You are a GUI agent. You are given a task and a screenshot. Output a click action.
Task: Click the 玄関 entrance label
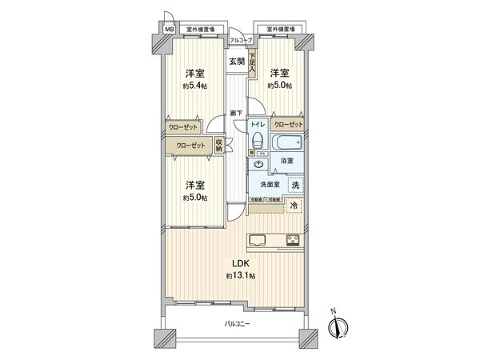click(x=236, y=61)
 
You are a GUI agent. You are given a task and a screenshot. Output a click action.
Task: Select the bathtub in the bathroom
click(x=286, y=144)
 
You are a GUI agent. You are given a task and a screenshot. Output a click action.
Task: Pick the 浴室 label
click(x=286, y=161)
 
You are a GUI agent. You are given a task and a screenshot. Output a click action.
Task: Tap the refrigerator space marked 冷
click(x=293, y=206)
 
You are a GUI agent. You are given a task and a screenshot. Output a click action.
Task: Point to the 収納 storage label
click(x=219, y=146)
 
